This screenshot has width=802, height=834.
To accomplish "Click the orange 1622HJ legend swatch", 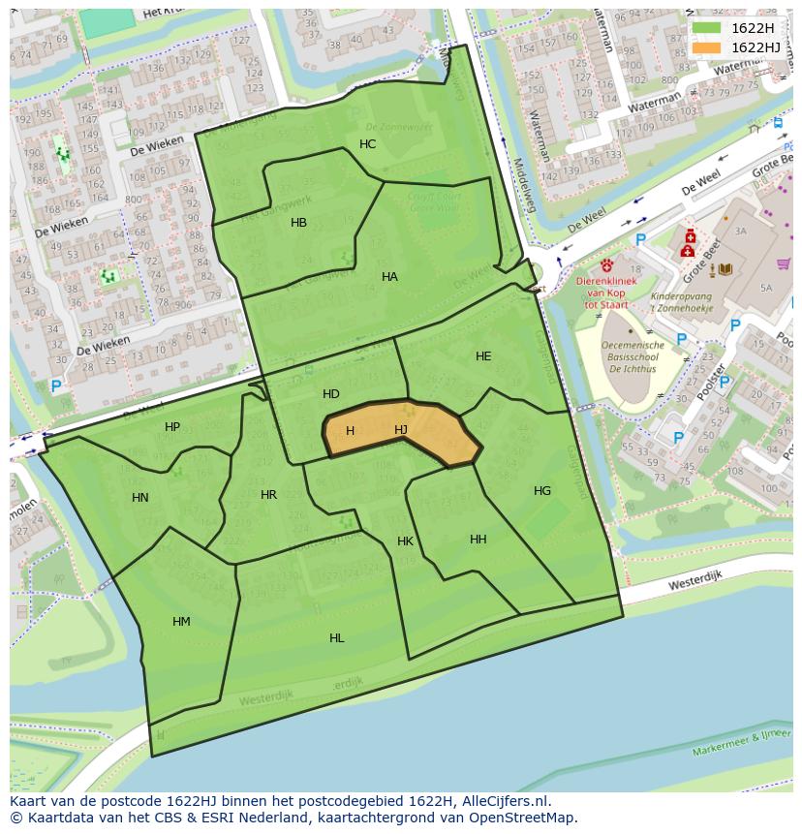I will (x=707, y=47).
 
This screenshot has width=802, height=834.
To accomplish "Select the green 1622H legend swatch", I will (x=707, y=28).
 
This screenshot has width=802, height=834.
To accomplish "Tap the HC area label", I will (x=367, y=144).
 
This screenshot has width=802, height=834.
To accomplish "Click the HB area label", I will (x=298, y=223).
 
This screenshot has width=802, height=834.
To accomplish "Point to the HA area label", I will (x=389, y=277).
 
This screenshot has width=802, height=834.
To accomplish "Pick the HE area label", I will (x=483, y=356).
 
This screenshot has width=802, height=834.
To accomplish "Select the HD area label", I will (x=331, y=394).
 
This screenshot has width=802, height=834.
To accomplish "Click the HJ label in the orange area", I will (x=401, y=430).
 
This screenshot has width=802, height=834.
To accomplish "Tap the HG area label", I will (x=542, y=491).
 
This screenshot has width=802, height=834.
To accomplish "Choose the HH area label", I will (x=478, y=540).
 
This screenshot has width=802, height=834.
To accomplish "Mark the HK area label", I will (x=405, y=541).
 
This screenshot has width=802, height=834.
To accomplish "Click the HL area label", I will (x=336, y=638).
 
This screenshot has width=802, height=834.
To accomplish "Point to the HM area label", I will (x=181, y=622).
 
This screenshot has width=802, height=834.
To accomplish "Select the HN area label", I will (x=140, y=498).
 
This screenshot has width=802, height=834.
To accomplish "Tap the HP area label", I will (x=172, y=427).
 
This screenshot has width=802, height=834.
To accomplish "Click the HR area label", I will (x=268, y=495).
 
